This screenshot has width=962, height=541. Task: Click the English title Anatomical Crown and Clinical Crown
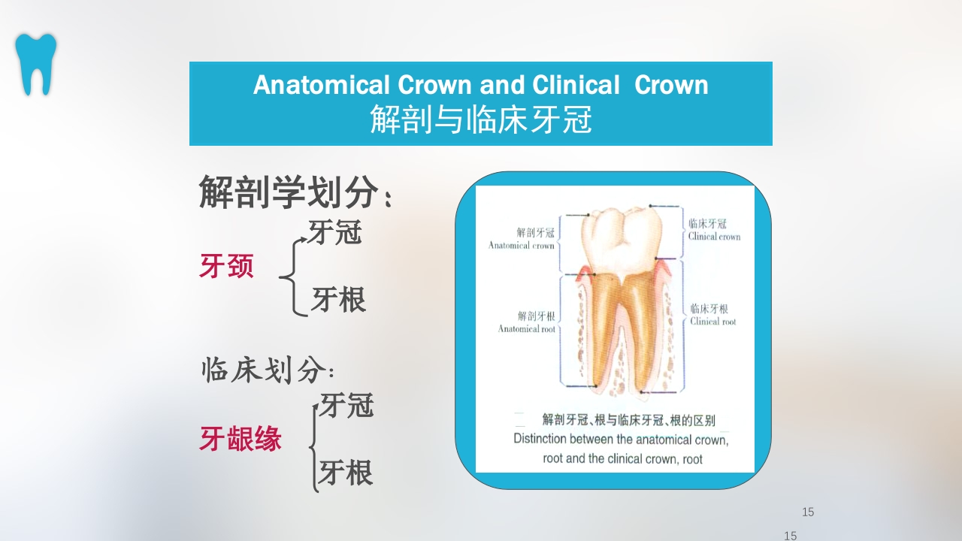(x=480, y=85)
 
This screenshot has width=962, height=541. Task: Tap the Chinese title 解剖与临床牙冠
(x=480, y=119)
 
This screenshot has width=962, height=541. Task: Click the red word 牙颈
(x=226, y=266)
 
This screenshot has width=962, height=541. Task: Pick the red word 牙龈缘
(x=240, y=438)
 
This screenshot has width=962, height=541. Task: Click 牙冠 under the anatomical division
(x=335, y=232)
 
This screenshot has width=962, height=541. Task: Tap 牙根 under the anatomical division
(x=338, y=299)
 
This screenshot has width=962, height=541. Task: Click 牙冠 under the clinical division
(x=346, y=406)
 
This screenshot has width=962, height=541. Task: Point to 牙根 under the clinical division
(x=346, y=473)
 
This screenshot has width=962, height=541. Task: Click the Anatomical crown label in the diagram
(x=522, y=239)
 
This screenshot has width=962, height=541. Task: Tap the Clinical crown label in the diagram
(x=714, y=230)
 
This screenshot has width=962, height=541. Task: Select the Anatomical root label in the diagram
(x=527, y=322)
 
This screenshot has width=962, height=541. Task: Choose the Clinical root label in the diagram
(x=712, y=315)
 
